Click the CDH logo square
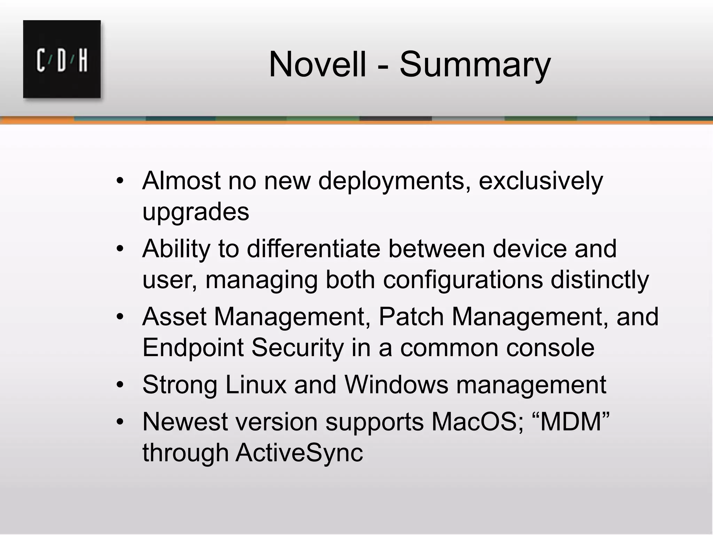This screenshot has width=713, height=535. point(62,59)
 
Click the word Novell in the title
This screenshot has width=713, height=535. point(317,64)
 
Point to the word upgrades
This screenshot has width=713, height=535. point(196,212)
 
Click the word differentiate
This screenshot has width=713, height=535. point(313,249)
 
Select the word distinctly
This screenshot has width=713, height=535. point(600,279)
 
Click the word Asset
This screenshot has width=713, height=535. point(174,317)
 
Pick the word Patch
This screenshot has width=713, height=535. point(410,317)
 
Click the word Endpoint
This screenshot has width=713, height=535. point(193,347)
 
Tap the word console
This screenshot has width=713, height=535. point(550,347)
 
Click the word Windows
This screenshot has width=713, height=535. point(396,385)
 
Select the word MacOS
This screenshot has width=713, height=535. point(477,421)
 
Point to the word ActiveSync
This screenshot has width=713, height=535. point(299,452)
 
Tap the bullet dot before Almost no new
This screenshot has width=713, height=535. point(120,181)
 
